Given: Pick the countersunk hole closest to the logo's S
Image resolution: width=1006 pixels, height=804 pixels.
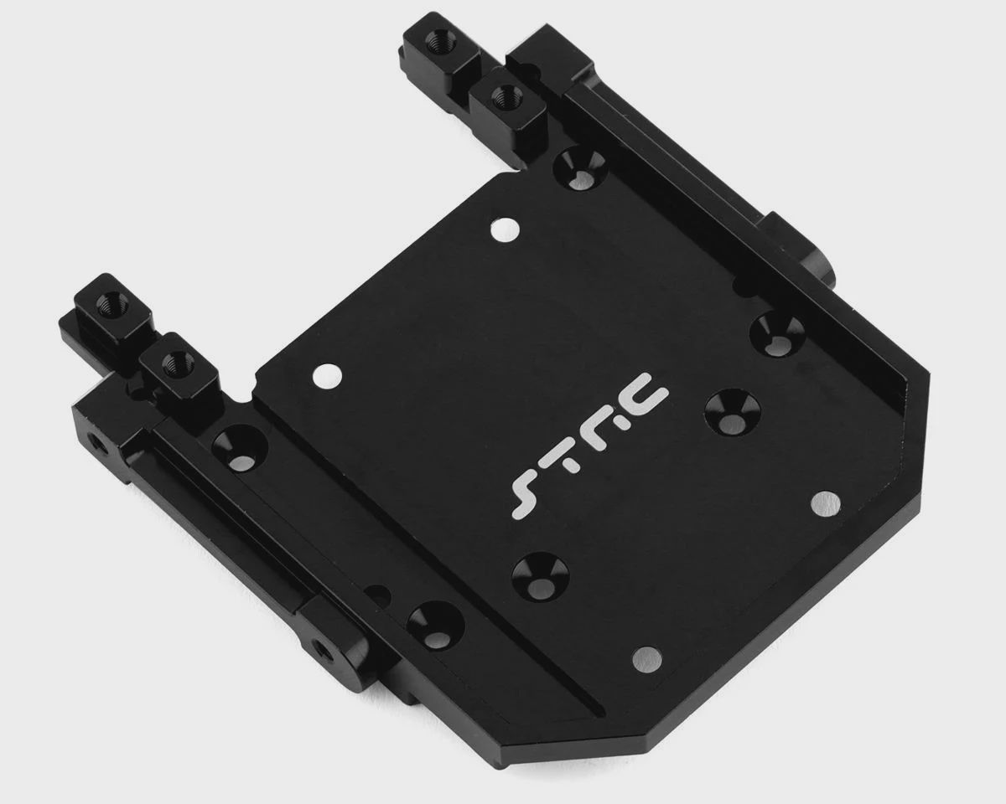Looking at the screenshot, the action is pos(541,576).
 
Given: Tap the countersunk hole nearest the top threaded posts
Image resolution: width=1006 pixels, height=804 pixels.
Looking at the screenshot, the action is pos(580,169).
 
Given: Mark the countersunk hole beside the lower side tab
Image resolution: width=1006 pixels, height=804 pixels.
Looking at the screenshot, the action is pos(436,626).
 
